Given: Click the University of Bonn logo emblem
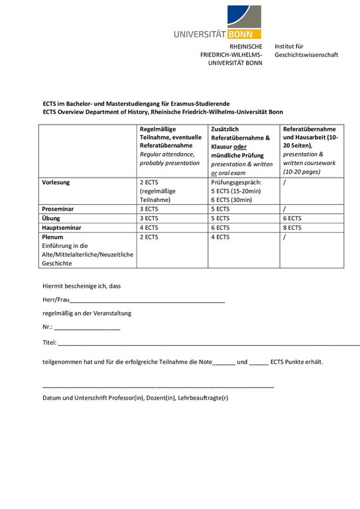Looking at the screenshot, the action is [244, 16].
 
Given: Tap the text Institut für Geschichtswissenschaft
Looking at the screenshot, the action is [306, 50].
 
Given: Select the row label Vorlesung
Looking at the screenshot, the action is [56, 181].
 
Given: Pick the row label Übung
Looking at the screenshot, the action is [52, 217].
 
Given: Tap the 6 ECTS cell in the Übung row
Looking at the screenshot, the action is [292, 217].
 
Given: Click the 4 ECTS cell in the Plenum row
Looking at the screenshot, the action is [220, 236].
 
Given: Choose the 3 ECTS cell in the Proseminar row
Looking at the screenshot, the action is [149, 208].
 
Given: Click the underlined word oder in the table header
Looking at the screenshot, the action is [239, 146].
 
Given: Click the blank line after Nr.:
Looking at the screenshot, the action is [87, 328].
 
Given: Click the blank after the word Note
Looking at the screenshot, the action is [224, 364].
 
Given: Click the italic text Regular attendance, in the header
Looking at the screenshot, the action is [166, 154].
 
